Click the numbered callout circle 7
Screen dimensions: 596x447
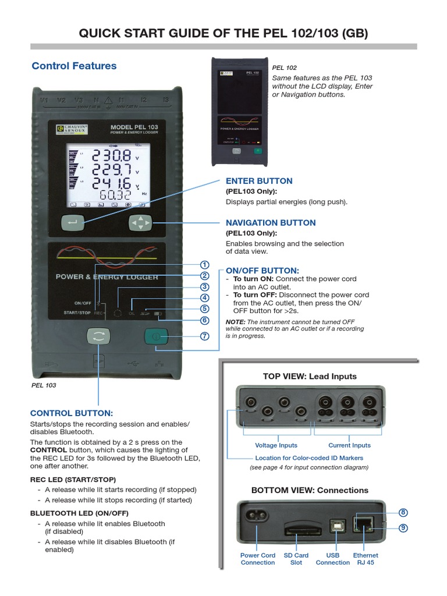204,336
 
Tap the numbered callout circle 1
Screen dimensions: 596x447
204,265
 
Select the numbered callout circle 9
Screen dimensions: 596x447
403,528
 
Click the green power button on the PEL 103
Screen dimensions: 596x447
156,336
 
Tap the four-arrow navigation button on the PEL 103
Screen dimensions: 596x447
140,222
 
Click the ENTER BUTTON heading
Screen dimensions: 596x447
259,181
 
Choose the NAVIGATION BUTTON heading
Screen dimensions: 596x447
271,223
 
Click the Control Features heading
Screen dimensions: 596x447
74,66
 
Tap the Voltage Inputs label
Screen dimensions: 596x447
276,445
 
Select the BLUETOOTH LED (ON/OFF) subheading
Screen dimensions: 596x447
79,513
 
